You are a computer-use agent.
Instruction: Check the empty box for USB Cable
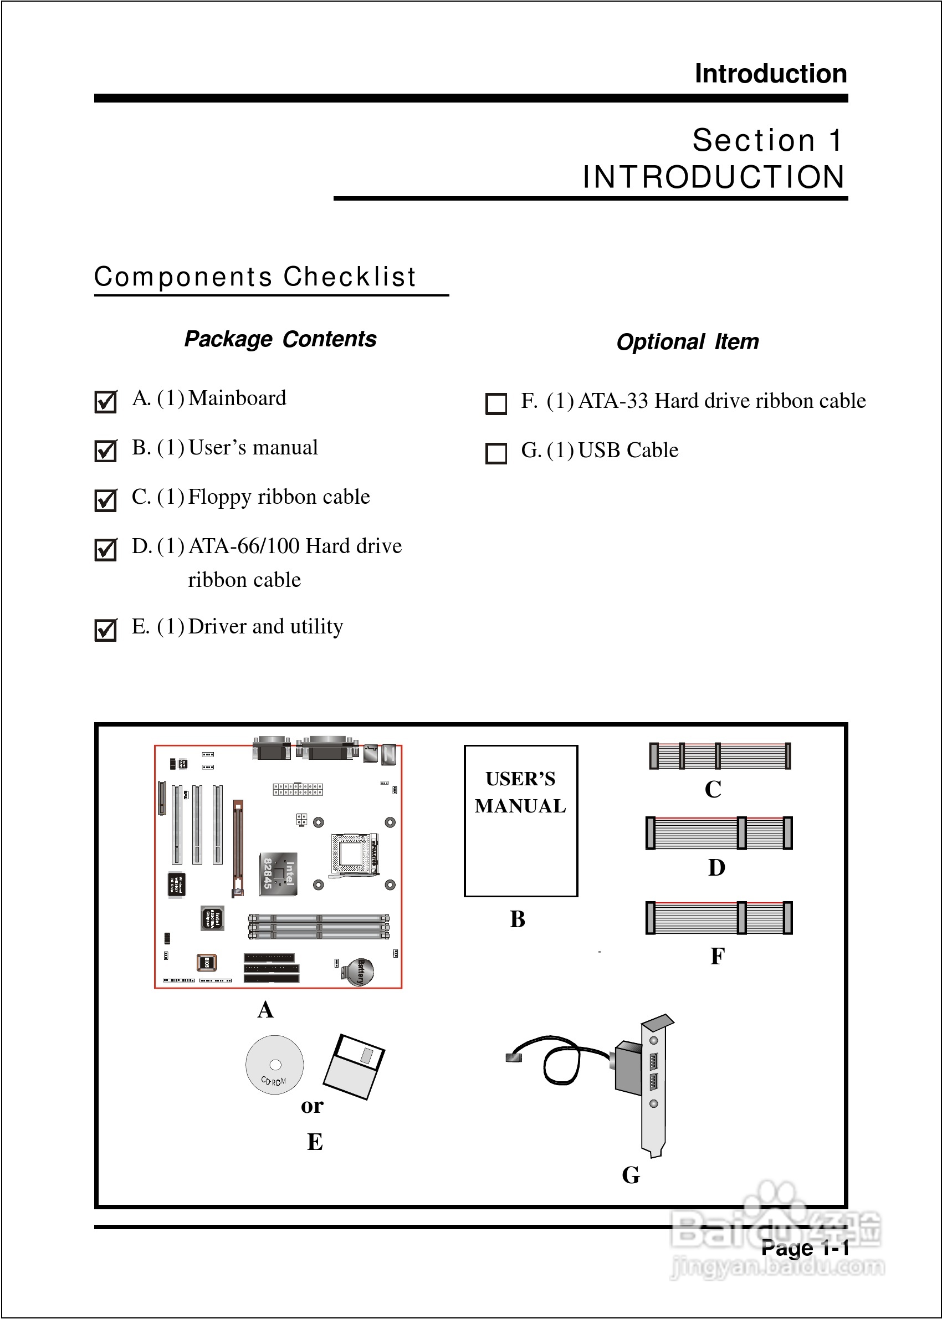[496, 453]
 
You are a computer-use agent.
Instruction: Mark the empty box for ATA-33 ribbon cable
[496, 403]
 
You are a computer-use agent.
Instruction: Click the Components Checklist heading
[255, 277]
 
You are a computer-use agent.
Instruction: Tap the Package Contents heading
[280, 339]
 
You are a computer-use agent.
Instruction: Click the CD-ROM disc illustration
[274, 1065]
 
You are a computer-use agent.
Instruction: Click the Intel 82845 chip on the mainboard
[278, 873]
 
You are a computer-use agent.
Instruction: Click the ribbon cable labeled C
[719, 756]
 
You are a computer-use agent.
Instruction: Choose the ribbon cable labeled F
[719, 918]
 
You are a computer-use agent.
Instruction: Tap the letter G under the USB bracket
[631, 1175]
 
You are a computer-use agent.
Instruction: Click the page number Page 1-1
[805, 1248]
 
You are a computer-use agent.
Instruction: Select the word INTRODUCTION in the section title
[714, 177]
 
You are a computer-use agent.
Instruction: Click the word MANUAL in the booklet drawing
[520, 806]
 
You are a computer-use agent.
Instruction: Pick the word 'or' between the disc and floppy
[312, 1106]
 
